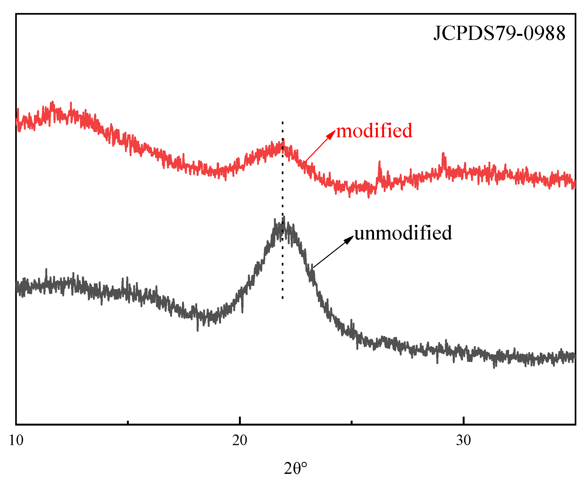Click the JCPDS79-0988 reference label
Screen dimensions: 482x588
click(499, 33)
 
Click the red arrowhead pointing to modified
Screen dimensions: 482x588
click(332, 133)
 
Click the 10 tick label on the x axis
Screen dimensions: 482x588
click(16, 440)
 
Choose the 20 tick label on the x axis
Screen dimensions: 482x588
click(239, 440)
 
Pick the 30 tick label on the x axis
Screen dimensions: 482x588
click(463, 440)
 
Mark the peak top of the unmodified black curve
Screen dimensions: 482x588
click(283, 219)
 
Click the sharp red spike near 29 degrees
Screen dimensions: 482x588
click(443, 154)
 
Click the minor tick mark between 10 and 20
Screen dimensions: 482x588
click(128, 422)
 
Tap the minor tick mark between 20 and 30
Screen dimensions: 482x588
click(351, 422)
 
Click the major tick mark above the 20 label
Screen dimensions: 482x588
click(239, 421)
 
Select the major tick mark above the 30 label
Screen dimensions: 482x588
click(463, 421)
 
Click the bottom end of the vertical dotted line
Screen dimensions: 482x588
click(283, 298)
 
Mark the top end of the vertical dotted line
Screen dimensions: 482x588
click(283, 122)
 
